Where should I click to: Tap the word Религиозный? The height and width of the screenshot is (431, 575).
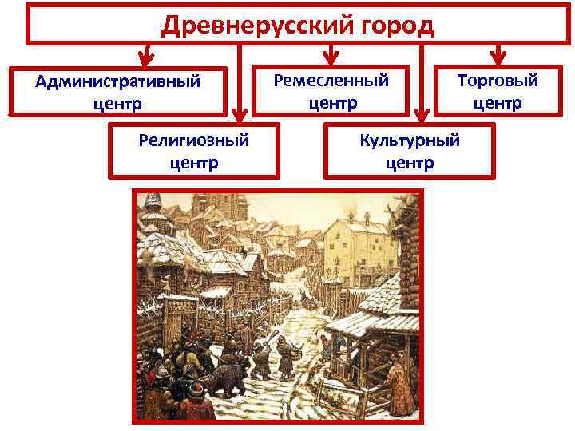coord(193,141)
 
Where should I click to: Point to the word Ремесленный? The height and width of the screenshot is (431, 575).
coord(331,81)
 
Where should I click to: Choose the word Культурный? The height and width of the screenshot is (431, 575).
coord(410,141)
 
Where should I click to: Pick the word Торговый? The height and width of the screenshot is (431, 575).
coord(497,81)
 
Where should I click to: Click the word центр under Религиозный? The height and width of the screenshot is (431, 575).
coord(193,163)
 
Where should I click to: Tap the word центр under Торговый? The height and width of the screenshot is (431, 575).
coord(497,103)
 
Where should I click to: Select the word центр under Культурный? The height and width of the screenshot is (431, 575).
coord(410,163)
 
